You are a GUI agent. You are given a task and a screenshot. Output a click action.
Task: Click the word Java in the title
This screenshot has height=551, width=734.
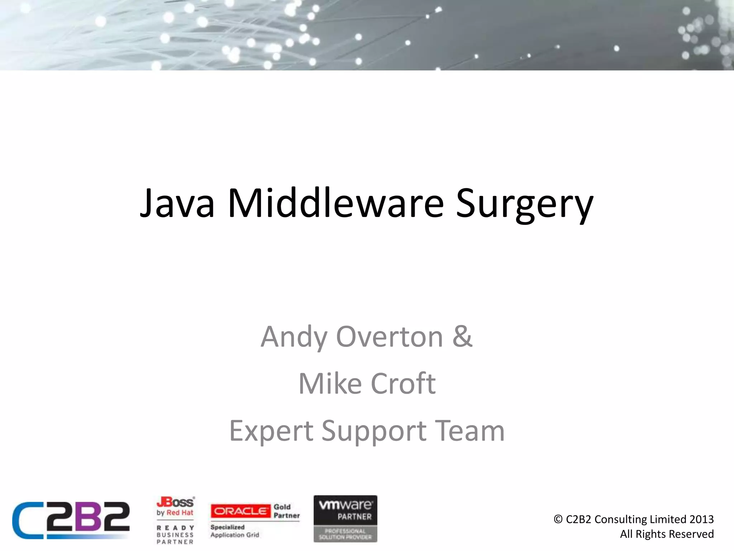click(x=177, y=203)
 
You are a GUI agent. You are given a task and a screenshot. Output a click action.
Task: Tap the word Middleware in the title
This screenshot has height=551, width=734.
click(x=336, y=203)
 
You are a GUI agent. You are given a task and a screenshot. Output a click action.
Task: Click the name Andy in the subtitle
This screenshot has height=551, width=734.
click(x=294, y=337)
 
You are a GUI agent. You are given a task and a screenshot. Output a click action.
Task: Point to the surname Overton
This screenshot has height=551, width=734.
click(x=390, y=337)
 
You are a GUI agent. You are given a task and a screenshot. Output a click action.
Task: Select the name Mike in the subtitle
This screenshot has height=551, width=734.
click(x=330, y=383)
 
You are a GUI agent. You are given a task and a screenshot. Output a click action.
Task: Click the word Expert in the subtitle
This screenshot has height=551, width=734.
click(x=271, y=431)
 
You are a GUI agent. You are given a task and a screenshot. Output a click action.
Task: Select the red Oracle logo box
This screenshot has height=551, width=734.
click(x=240, y=511)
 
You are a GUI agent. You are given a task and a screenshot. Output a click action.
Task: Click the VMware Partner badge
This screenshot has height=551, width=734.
click(x=345, y=518)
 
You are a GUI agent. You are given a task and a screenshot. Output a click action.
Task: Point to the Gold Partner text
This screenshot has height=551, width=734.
click(x=286, y=511)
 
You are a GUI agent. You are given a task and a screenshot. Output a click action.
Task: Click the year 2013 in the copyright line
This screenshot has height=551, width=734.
click(x=701, y=519)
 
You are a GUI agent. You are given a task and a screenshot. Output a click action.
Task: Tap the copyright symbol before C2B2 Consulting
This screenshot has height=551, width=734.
click(x=558, y=519)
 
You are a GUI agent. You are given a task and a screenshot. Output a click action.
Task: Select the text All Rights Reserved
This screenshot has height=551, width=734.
click(x=667, y=534)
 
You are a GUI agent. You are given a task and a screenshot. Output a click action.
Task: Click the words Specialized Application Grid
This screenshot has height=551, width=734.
click(x=235, y=531)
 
